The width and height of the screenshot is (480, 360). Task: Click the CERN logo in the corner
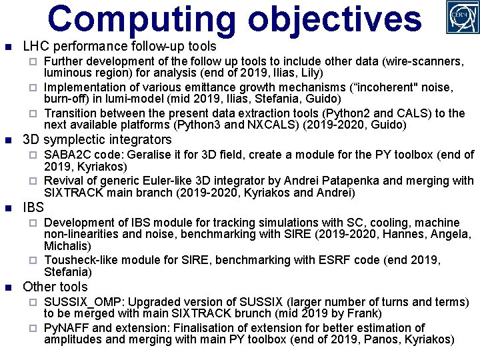click(462, 17)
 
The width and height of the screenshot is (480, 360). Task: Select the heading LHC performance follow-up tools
click(119, 47)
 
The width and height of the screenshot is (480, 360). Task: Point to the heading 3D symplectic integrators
click(97, 140)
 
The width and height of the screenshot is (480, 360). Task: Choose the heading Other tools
click(55, 287)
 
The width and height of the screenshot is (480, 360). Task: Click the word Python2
click(289, 113)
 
